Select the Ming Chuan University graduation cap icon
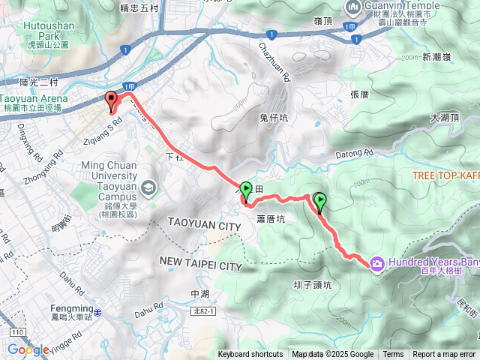[x=148, y=185]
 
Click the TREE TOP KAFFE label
[x=445, y=175]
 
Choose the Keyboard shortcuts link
[x=250, y=355]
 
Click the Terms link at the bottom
[x=393, y=355]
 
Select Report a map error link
[x=444, y=355]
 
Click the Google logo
[x=28, y=349]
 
